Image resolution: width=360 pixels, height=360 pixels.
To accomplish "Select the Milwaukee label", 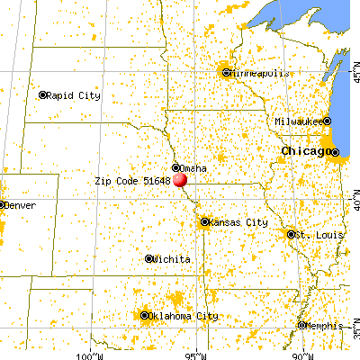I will [x=298, y=121].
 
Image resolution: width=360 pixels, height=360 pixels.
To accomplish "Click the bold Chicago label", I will [x=304, y=150].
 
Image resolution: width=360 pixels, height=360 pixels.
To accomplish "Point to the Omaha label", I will [x=193, y=168].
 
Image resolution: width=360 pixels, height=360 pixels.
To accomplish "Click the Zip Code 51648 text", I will [x=133, y=181].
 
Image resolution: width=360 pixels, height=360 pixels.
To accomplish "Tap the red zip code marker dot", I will [x=182, y=178].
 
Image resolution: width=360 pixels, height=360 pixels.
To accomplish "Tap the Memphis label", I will [x=323, y=326].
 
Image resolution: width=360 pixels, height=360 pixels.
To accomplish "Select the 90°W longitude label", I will [x=301, y=355].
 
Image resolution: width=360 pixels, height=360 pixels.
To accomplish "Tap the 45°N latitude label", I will [x=352, y=78].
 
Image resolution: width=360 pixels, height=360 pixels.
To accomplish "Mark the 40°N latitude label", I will [x=352, y=206].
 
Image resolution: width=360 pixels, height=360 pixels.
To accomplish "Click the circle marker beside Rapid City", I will [x=42, y=94].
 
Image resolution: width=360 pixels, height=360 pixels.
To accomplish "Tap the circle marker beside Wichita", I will [x=149, y=259].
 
